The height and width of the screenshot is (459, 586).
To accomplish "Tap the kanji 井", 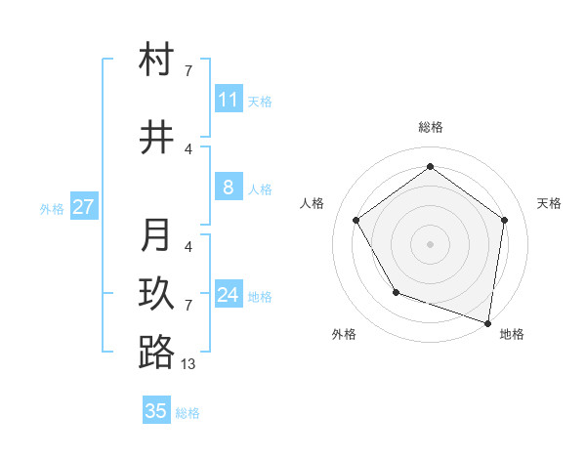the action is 156,139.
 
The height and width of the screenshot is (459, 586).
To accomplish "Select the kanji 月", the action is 156,235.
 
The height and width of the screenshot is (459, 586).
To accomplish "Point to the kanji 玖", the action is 156,294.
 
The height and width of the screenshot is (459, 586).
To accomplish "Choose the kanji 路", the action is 156,353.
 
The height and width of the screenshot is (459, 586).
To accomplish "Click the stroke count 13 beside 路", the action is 188,363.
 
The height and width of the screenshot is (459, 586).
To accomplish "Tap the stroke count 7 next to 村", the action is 188,71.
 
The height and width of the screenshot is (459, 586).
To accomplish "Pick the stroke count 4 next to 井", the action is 188,149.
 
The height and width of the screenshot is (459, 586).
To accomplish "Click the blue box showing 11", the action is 228,100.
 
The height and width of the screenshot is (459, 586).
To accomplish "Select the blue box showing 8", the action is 228,188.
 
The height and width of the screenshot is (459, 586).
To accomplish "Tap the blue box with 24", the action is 228,295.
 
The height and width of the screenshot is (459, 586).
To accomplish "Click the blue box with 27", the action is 84,207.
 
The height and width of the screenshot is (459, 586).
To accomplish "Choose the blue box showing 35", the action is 156,411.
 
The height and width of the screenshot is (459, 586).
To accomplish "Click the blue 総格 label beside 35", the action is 188,413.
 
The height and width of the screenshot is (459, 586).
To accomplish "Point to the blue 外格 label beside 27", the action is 52,209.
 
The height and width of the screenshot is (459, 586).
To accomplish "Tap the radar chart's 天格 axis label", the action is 549,203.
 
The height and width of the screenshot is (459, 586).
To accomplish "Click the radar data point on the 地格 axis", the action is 488,322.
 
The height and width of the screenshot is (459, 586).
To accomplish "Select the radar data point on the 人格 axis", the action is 356,220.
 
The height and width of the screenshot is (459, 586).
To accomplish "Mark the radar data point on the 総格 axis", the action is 430,166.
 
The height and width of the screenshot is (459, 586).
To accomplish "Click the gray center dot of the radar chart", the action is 430,243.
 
